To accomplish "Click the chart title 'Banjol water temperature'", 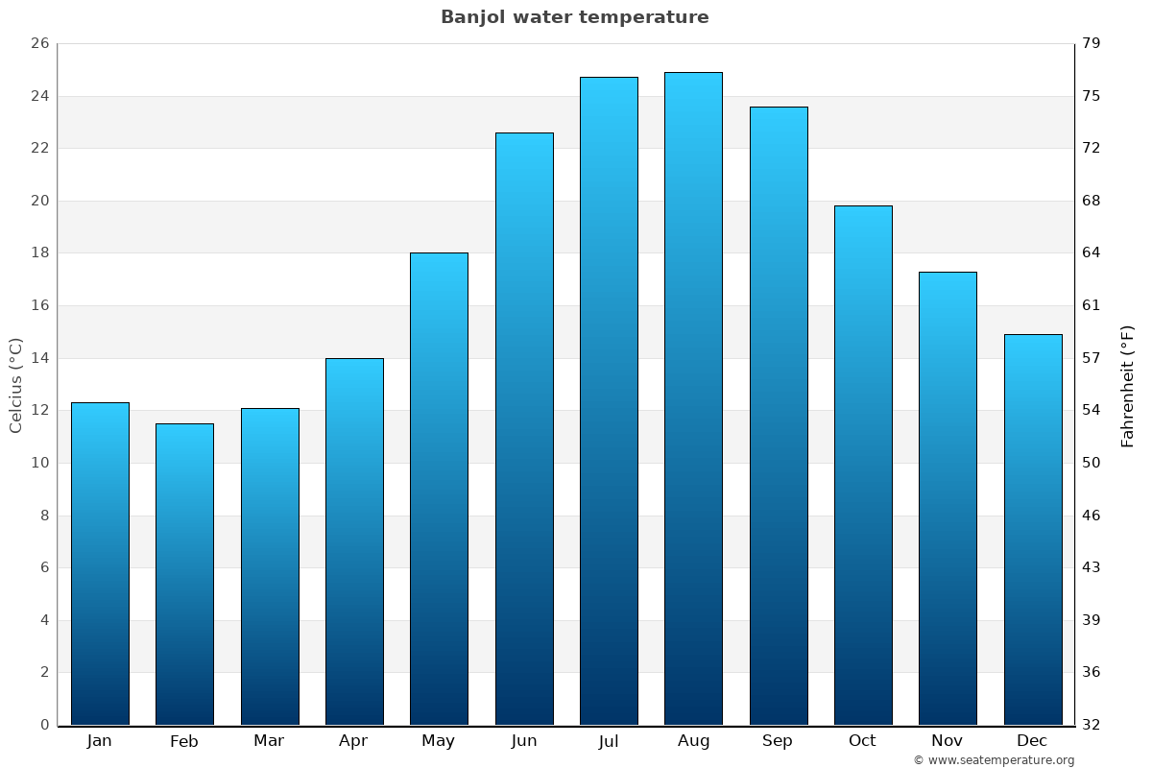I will [x=574, y=17].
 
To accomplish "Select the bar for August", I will [x=693, y=398].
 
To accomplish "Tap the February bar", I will [x=184, y=574].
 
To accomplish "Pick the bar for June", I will [x=524, y=428].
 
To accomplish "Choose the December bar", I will [x=1033, y=529].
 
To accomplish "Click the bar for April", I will [x=354, y=541].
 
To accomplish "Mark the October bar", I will [x=863, y=465].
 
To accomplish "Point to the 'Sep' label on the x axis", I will [x=778, y=741].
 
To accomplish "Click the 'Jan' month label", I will [x=100, y=741].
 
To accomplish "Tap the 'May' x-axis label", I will [x=439, y=741].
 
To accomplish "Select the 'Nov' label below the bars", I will [x=948, y=741].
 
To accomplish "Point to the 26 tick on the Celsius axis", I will [x=39, y=44].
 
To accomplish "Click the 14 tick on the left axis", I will [x=39, y=358].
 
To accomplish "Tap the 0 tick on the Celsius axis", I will [x=44, y=725].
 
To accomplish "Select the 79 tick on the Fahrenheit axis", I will [x=1092, y=44].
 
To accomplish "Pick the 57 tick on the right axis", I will [x=1092, y=358].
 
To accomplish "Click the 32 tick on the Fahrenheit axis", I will [x=1092, y=725].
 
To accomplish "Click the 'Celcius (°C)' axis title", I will [x=16, y=385].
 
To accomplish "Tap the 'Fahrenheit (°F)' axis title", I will [x=1128, y=385].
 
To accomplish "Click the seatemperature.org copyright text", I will [x=994, y=760].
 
